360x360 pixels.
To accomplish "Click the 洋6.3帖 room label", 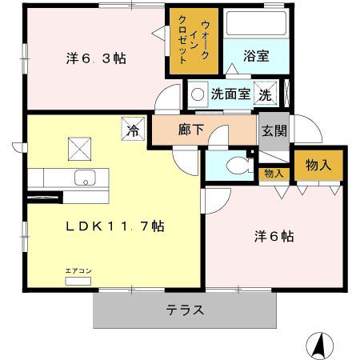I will pyautogui.click(x=94, y=59).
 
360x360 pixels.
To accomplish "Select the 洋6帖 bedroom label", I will pyautogui.click(x=274, y=237).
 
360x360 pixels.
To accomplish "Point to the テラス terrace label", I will pyautogui.click(x=186, y=310).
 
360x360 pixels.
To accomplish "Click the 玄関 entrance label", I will pyautogui.click(x=270, y=128).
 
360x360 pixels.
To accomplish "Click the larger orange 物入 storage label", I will pyautogui.click(x=318, y=166).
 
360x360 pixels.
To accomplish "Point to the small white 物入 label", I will pyautogui.click(x=273, y=173).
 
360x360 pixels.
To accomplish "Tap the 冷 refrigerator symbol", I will pyautogui.click(x=132, y=127).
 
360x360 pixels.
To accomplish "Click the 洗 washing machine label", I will pyautogui.click(x=265, y=94).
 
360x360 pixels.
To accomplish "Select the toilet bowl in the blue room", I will pyautogui.click(x=234, y=167).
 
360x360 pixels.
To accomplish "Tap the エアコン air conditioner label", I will pyautogui.click(x=78, y=271).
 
